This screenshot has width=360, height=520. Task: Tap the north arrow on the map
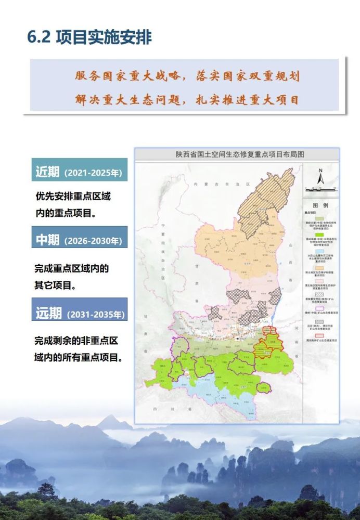321,177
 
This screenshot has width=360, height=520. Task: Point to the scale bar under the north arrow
321,188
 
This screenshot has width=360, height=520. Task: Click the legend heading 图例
320,205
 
